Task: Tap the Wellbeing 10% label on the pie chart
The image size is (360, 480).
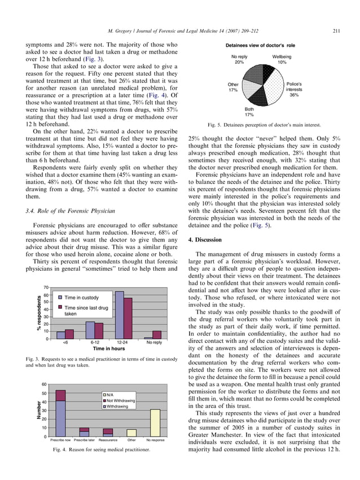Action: point(282,60)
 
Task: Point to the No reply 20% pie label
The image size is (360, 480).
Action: point(239,60)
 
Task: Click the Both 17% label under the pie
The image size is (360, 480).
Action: point(249,112)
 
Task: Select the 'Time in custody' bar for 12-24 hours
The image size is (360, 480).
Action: point(120,315)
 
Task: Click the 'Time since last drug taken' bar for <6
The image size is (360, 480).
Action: point(69,334)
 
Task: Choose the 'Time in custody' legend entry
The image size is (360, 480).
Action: point(81,297)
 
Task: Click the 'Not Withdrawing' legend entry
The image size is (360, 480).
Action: point(121,400)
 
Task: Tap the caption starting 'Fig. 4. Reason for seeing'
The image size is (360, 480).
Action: point(102,450)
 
